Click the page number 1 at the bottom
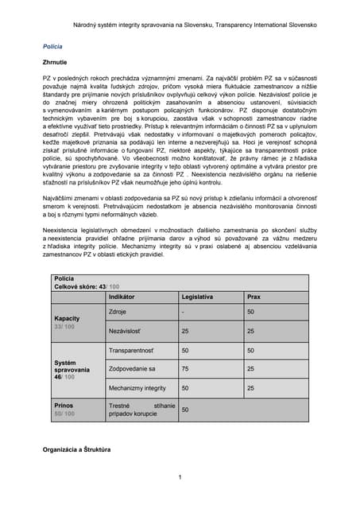180,477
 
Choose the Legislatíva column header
197,296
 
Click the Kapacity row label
67,317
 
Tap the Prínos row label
64,405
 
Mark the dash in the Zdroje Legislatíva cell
183,312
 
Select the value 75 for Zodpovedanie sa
185,369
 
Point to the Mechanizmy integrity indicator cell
137,388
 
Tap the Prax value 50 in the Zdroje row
250,312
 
